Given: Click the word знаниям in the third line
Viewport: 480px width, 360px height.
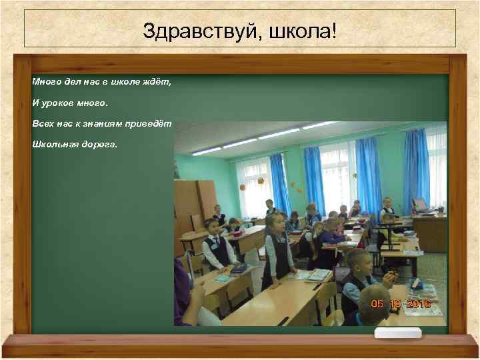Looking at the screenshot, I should pyautogui.click(x=100, y=123).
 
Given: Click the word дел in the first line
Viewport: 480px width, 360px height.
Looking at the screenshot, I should pyautogui.click(x=71, y=82).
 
